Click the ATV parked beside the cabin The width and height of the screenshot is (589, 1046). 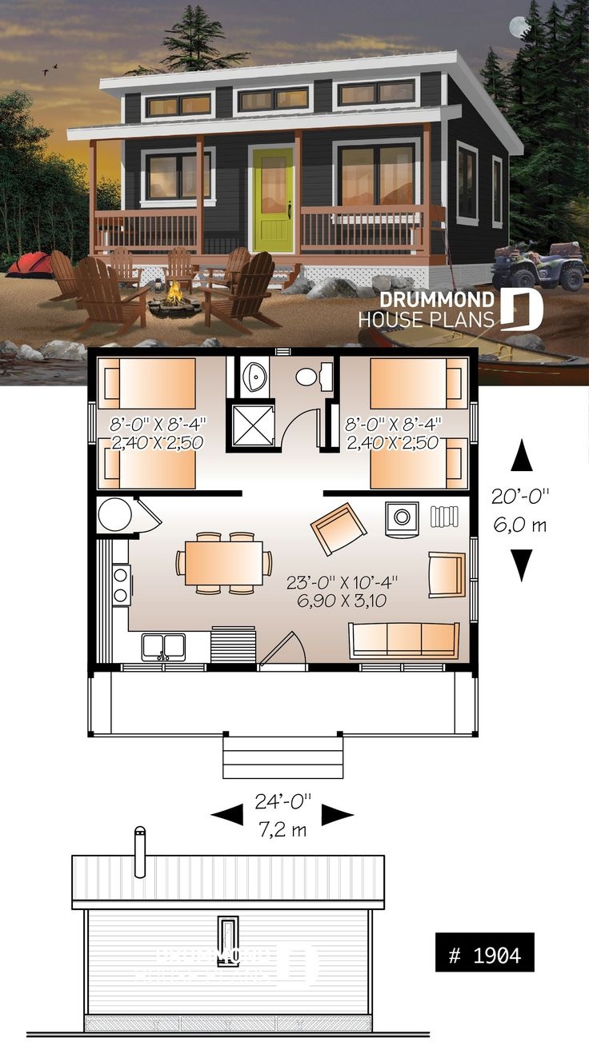pyautogui.click(x=539, y=266)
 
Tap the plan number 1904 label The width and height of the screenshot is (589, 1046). pyautogui.click(x=484, y=954)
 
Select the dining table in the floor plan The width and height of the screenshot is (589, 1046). pyautogui.click(x=223, y=563)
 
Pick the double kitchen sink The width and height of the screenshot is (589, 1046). pyautogui.click(x=163, y=645)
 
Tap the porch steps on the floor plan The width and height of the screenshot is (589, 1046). pyautogui.click(x=282, y=757)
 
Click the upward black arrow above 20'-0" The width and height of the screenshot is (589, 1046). pyautogui.click(x=521, y=457)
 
